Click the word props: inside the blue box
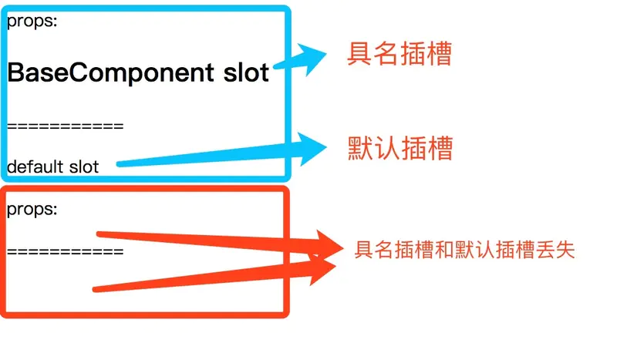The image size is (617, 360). [32, 22]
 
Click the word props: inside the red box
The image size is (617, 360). [32, 209]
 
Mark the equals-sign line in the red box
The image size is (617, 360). [65, 251]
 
